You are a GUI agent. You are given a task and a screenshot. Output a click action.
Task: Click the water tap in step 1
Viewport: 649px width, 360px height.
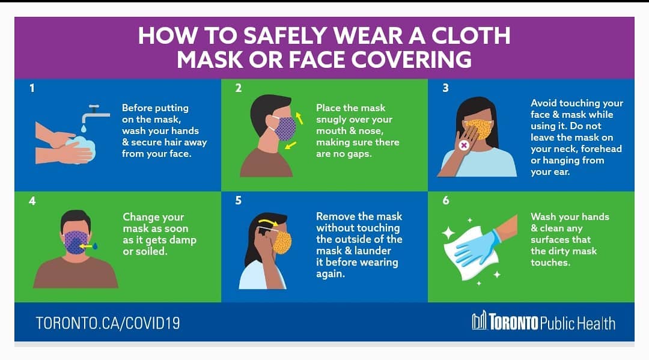tap(96, 113)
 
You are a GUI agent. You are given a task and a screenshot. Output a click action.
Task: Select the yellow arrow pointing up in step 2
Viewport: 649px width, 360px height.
tap(299, 118)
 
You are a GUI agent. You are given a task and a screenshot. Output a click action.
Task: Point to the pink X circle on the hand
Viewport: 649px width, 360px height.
tap(464, 145)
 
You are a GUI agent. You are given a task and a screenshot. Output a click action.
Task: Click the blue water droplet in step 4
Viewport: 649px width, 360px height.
tap(95, 246)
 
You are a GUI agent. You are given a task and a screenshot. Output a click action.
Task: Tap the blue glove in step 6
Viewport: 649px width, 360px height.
tap(476, 248)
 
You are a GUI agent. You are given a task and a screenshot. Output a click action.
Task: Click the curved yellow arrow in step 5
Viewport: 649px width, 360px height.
tap(268, 224)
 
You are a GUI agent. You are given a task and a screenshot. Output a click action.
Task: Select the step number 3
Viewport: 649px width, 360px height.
tap(445, 88)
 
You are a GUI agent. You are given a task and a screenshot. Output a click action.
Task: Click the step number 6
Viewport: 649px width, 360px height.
tap(446, 200)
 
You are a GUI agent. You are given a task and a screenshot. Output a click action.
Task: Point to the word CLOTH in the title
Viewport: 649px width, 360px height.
tap(471, 35)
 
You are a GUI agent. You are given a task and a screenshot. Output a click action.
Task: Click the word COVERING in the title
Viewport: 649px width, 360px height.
tap(412, 59)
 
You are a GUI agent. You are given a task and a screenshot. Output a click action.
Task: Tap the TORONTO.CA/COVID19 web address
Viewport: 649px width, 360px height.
tap(108, 323)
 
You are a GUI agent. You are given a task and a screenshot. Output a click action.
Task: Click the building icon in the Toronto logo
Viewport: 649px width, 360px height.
tap(480, 320)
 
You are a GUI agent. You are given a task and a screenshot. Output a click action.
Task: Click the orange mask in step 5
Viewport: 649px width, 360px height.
tap(282, 242)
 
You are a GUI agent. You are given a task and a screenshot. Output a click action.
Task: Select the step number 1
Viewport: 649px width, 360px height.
tap(32, 88)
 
